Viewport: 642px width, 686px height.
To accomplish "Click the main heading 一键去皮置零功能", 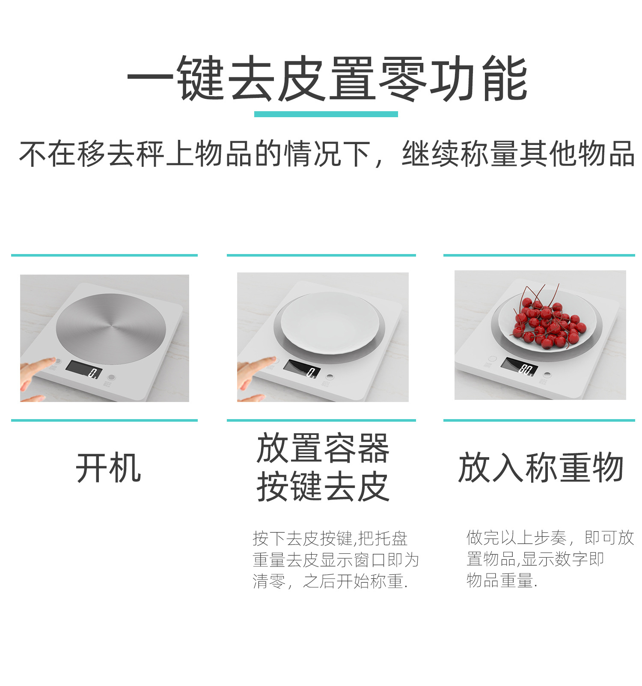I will point(326,79).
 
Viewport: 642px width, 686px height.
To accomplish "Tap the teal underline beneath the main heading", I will point(326,114).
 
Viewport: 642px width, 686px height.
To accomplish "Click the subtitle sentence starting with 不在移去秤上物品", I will point(326,154).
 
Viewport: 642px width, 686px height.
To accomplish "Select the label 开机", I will point(108,468).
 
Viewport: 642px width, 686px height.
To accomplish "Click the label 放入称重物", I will point(540,468).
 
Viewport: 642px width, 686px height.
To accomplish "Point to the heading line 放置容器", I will point(323,449).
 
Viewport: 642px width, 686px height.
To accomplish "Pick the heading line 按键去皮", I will point(323,487).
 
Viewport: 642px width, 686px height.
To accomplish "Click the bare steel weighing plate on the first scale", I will point(111,328).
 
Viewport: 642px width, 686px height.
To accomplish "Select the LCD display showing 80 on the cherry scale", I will point(519,367).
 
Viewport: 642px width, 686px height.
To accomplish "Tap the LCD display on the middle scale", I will point(302,369).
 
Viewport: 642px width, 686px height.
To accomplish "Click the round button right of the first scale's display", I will point(112,377).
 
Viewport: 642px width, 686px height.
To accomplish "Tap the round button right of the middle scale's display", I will point(329,377).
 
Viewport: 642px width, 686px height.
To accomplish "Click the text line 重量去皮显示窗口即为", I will point(335,560).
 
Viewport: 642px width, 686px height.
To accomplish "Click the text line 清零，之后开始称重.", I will point(330,581).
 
